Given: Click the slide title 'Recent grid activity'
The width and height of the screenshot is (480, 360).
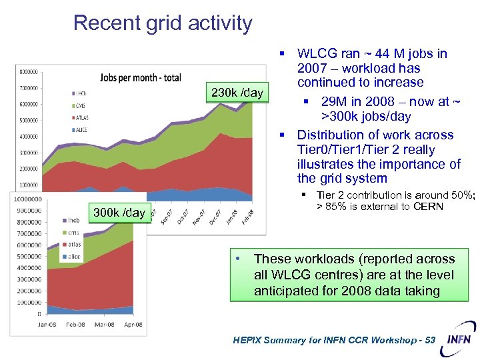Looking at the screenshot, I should (x=163, y=23).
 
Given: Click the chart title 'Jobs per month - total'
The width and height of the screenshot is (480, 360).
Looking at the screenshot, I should (x=140, y=77).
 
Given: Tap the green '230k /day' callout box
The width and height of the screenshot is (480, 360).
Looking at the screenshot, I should (x=237, y=93).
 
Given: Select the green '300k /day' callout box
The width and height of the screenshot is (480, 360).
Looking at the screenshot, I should (x=119, y=213).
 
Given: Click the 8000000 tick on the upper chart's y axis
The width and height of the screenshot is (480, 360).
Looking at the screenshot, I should (x=28, y=71).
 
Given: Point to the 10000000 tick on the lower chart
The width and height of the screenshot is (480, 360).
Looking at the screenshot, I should (x=25, y=199).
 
